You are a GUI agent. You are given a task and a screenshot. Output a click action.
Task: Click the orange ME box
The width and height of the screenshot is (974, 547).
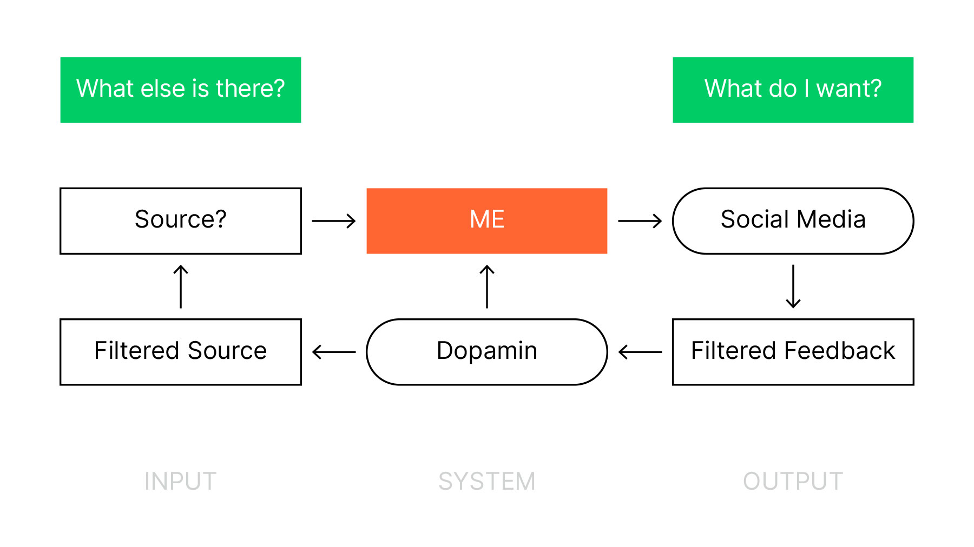tap(487, 221)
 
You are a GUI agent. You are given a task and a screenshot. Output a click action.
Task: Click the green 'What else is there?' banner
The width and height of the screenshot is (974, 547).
tap(181, 90)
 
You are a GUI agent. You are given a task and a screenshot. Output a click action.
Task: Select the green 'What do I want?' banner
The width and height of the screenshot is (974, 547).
tap(793, 90)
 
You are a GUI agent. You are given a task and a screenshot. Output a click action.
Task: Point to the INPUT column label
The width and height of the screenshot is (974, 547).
tap(181, 481)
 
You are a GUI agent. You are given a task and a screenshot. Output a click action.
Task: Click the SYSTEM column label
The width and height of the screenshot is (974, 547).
tap(487, 481)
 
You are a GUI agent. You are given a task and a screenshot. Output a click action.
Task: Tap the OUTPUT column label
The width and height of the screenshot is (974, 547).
tap(793, 481)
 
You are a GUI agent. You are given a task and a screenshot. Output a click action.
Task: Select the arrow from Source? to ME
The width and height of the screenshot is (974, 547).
tap(334, 221)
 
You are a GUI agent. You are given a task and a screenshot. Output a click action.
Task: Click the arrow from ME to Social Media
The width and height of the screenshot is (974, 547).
tap(640, 221)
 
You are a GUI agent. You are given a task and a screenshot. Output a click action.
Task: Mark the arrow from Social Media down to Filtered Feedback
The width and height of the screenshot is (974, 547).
tap(793, 286)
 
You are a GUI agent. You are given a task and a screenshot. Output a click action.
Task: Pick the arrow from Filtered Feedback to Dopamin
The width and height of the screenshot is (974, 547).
tap(640, 352)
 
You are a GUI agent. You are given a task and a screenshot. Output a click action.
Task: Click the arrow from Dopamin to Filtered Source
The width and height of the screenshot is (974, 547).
tap(334, 352)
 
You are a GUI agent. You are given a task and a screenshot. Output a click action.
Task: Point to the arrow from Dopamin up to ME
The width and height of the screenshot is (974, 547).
tap(487, 286)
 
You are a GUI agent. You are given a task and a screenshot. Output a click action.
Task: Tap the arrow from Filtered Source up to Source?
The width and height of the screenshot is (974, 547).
tap(181, 286)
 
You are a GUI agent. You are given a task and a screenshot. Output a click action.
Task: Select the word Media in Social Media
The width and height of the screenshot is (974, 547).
tap(831, 219)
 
